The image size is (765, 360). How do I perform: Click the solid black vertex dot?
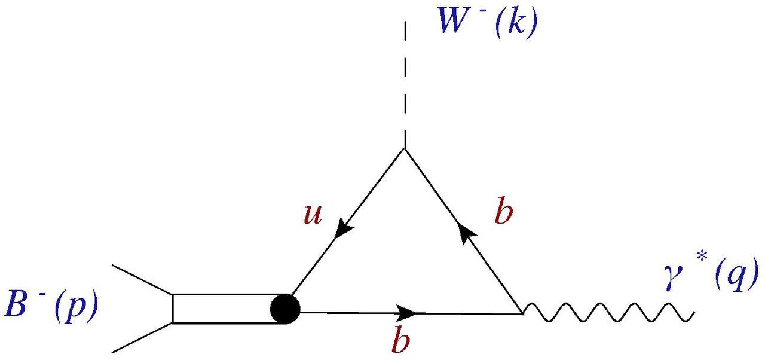(x=284, y=309)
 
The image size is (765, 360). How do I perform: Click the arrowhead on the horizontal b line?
(x=408, y=312)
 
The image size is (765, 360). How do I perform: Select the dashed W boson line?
(x=405, y=84)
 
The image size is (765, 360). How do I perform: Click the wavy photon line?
(x=607, y=312)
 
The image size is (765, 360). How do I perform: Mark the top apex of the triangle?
(x=405, y=150)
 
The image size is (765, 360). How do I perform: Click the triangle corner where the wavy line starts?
(x=522, y=312)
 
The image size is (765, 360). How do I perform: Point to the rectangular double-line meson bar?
(x=224, y=309)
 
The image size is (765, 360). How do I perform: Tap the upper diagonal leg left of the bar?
(x=142, y=280)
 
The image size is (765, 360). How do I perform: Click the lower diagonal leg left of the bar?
(x=142, y=338)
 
